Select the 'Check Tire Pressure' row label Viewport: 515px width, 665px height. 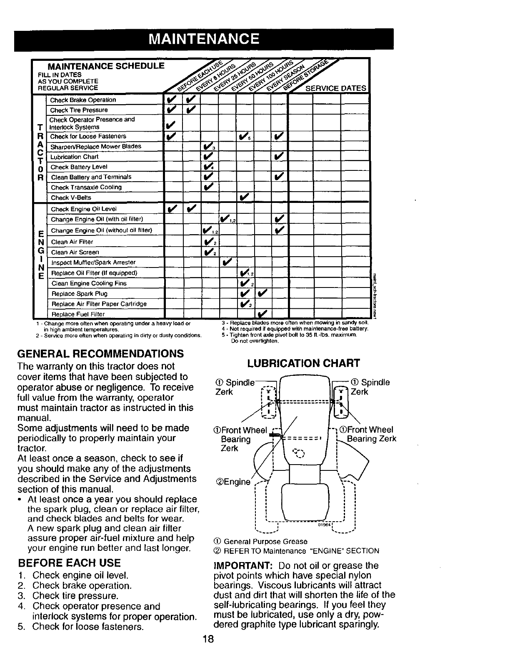point(79,110)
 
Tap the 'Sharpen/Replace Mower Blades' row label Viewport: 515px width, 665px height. point(95,146)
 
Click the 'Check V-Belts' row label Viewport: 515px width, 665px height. point(70,197)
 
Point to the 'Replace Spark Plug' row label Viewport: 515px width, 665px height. point(79,293)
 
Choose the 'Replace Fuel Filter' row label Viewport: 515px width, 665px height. point(77,314)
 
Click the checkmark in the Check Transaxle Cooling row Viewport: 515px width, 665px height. point(208,187)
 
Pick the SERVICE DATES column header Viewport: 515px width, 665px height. point(336,88)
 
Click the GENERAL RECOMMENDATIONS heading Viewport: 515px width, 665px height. point(100,354)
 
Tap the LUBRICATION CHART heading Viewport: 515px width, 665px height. point(303,363)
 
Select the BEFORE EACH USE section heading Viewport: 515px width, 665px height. point(69,563)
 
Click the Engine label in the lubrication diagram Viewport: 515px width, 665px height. point(233,482)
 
